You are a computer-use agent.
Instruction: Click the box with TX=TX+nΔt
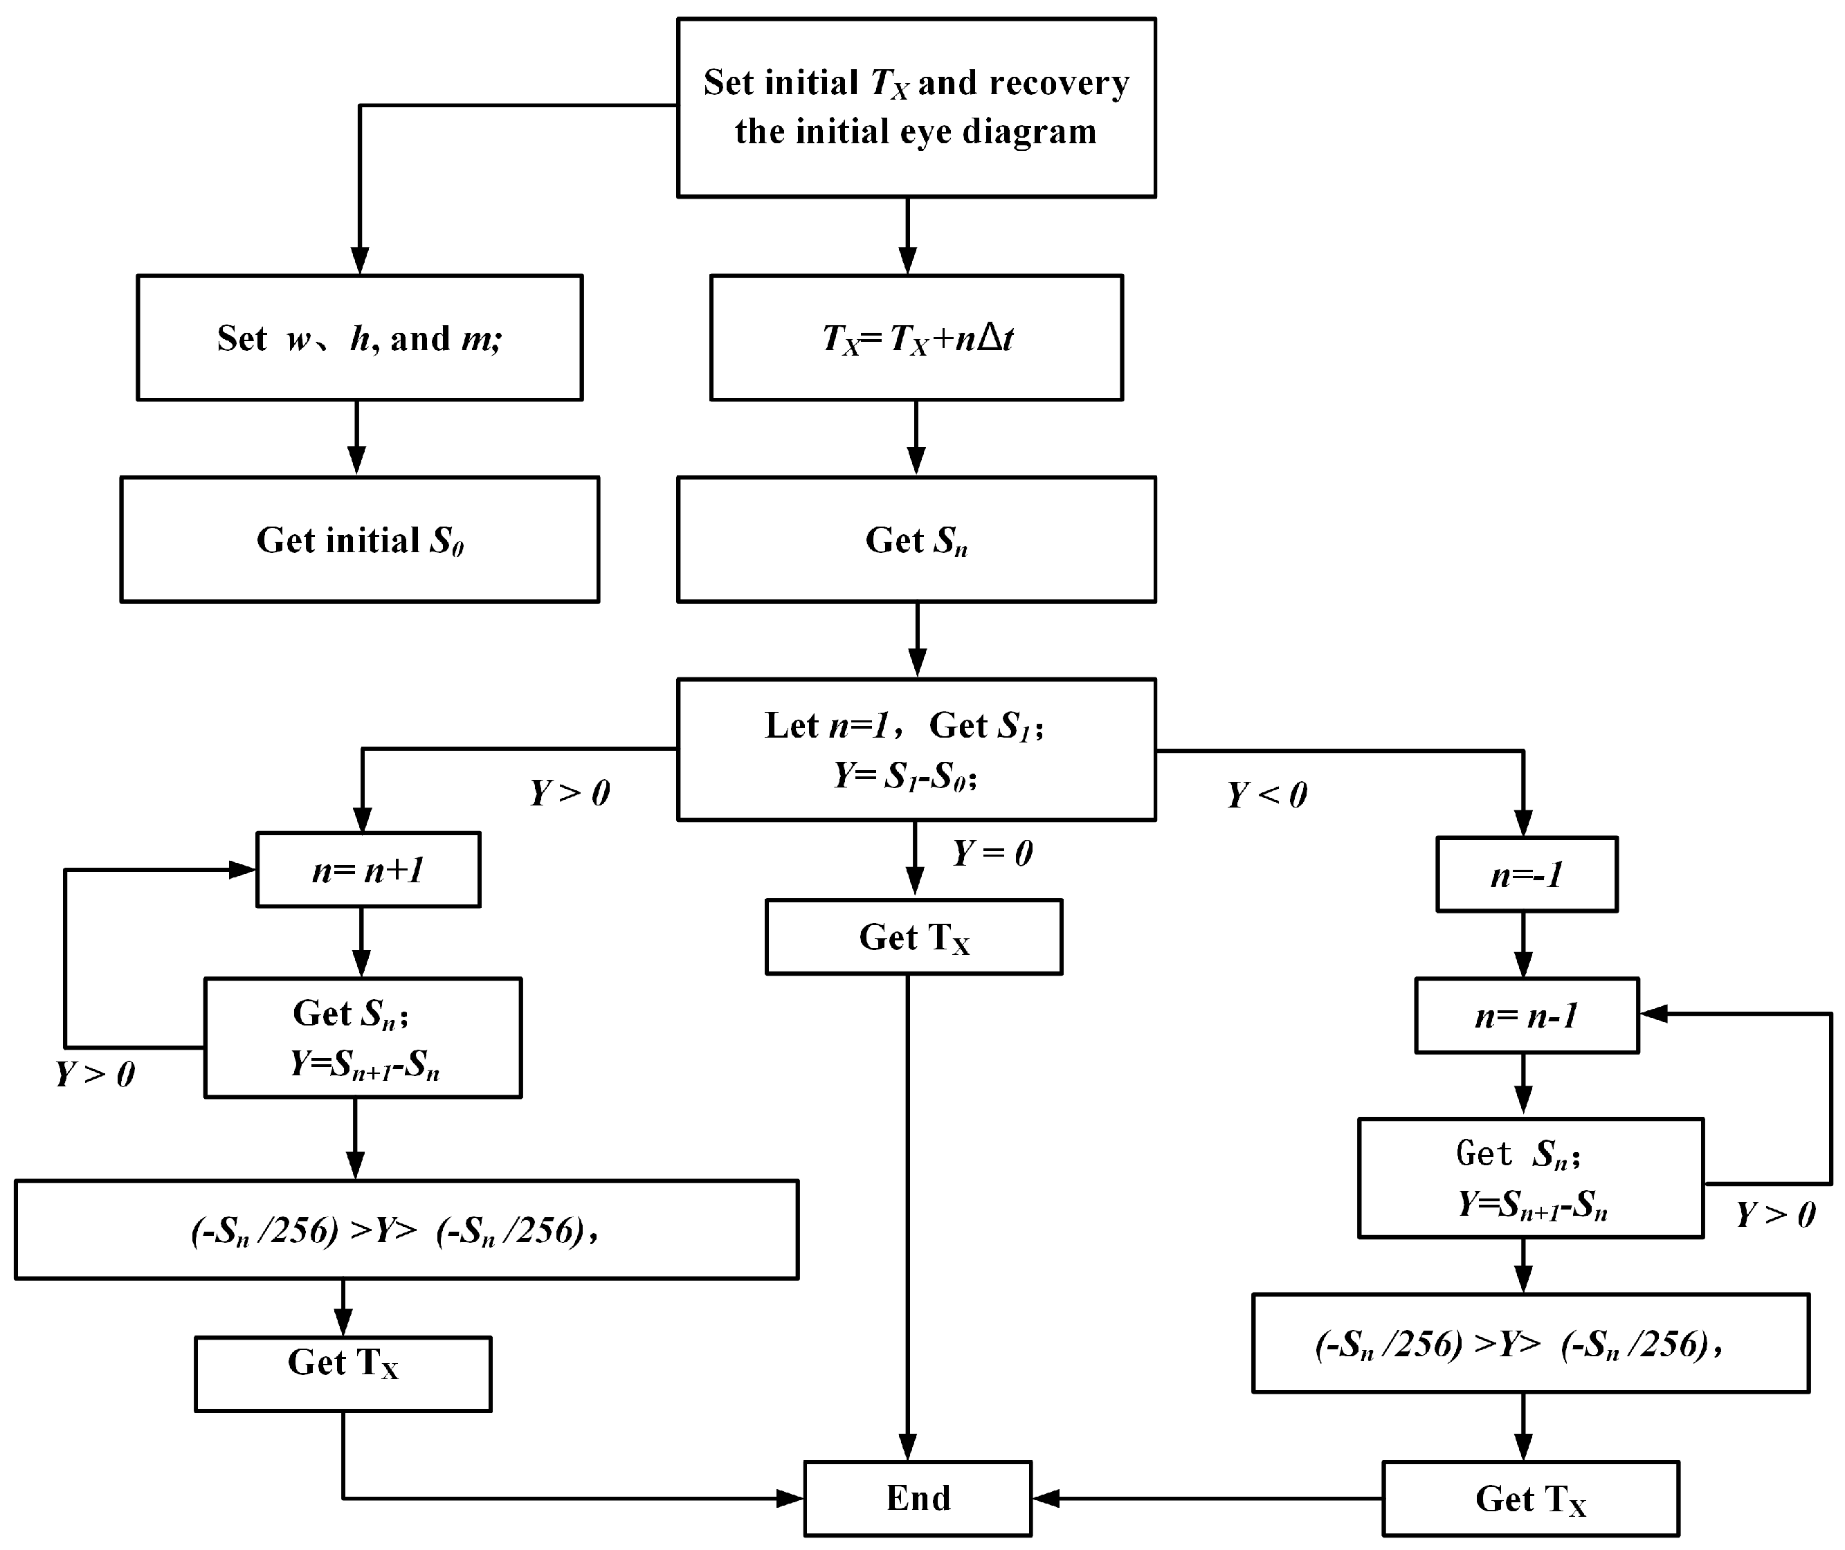click(x=916, y=338)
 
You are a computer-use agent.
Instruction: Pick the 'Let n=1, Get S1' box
click(x=916, y=749)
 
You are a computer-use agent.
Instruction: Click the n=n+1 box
click(x=368, y=870)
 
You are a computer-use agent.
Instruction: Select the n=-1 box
click(x=1527, y=874)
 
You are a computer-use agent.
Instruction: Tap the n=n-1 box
click(x=1527, y=1016)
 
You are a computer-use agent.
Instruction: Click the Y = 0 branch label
click(x=993, y=853)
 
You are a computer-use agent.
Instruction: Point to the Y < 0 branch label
click(x=1267, y=795)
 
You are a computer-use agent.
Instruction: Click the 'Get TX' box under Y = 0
click(x=914, y=937)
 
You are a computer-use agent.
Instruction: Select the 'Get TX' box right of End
click(x=1531, y=1498)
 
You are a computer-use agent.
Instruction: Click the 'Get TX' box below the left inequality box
click(x=343, y=1374)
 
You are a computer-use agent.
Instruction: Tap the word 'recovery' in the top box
click(x=1059, y=82)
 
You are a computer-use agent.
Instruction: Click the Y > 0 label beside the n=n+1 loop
click(x=95, y=1074)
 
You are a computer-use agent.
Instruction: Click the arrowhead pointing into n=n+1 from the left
click(x=242, y=870)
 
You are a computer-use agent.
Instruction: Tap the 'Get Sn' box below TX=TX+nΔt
click(x=916, y=540)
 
